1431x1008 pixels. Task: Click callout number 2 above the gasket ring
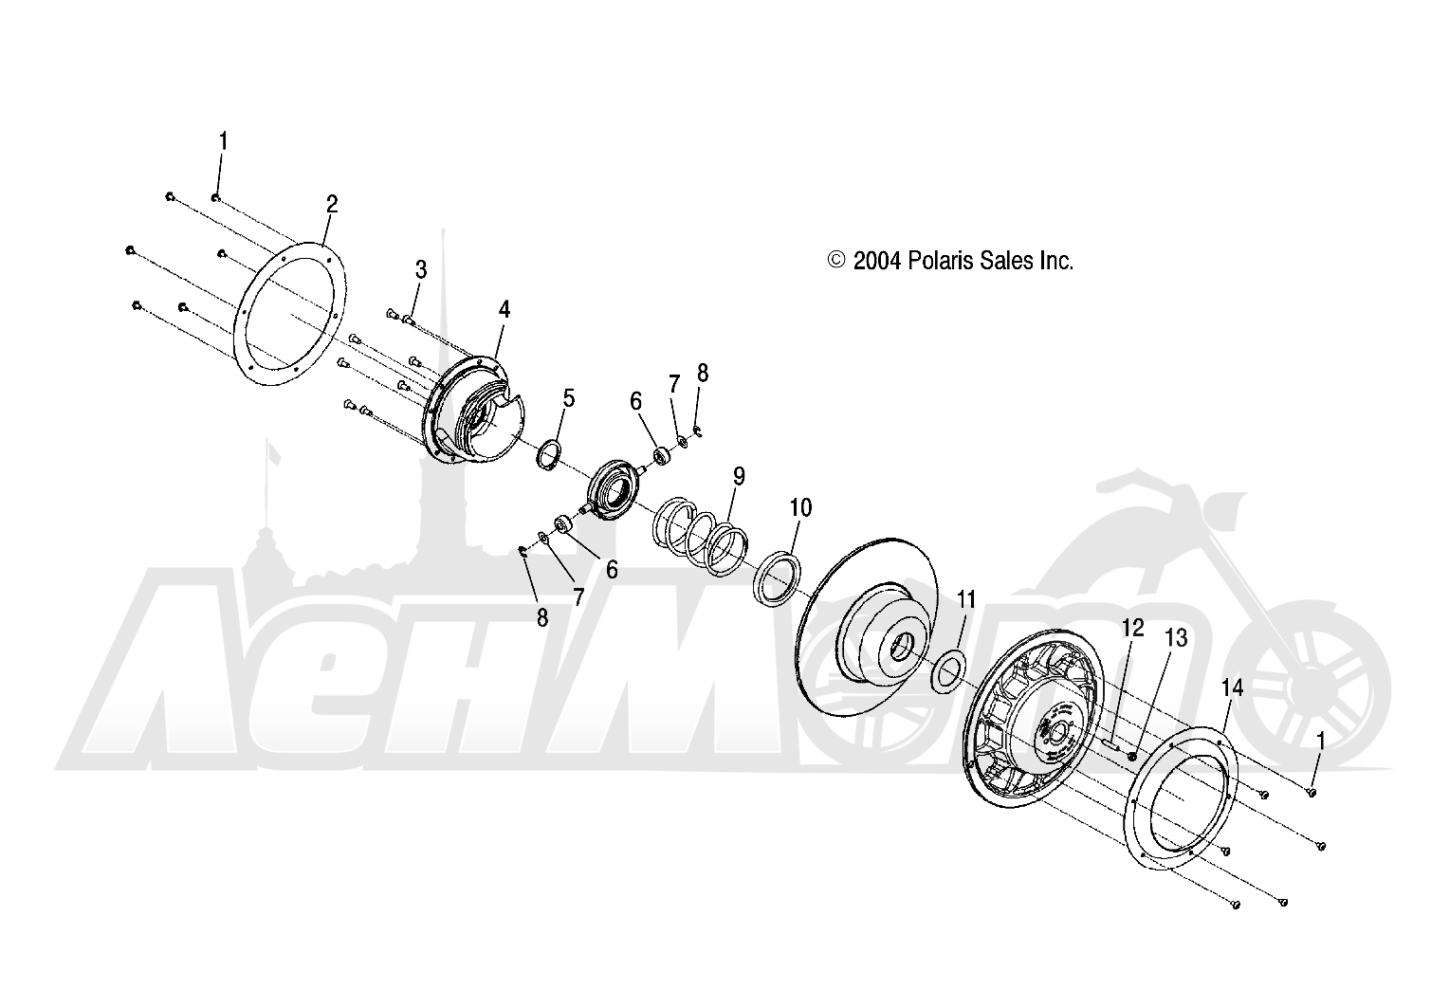[332, 205]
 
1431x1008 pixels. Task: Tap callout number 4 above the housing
[505, 310]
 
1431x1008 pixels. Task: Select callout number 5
[569, 398]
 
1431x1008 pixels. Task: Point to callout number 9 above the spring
[739, 476]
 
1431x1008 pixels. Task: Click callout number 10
[800, 508]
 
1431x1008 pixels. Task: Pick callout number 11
[966, 600]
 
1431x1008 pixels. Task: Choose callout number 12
[1132, 628]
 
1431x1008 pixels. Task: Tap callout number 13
[1176, 638]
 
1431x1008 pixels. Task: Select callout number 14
[1232, 688]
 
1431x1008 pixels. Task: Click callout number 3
[421, 269]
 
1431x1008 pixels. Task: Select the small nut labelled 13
[1131, 757]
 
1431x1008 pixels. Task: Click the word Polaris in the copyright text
[941, 261]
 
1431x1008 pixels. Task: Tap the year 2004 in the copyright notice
[877, 261]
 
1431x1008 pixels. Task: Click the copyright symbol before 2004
[836, 259]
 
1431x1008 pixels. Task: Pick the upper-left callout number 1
[223, 141]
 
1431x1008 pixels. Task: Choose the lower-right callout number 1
[1320, 741]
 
